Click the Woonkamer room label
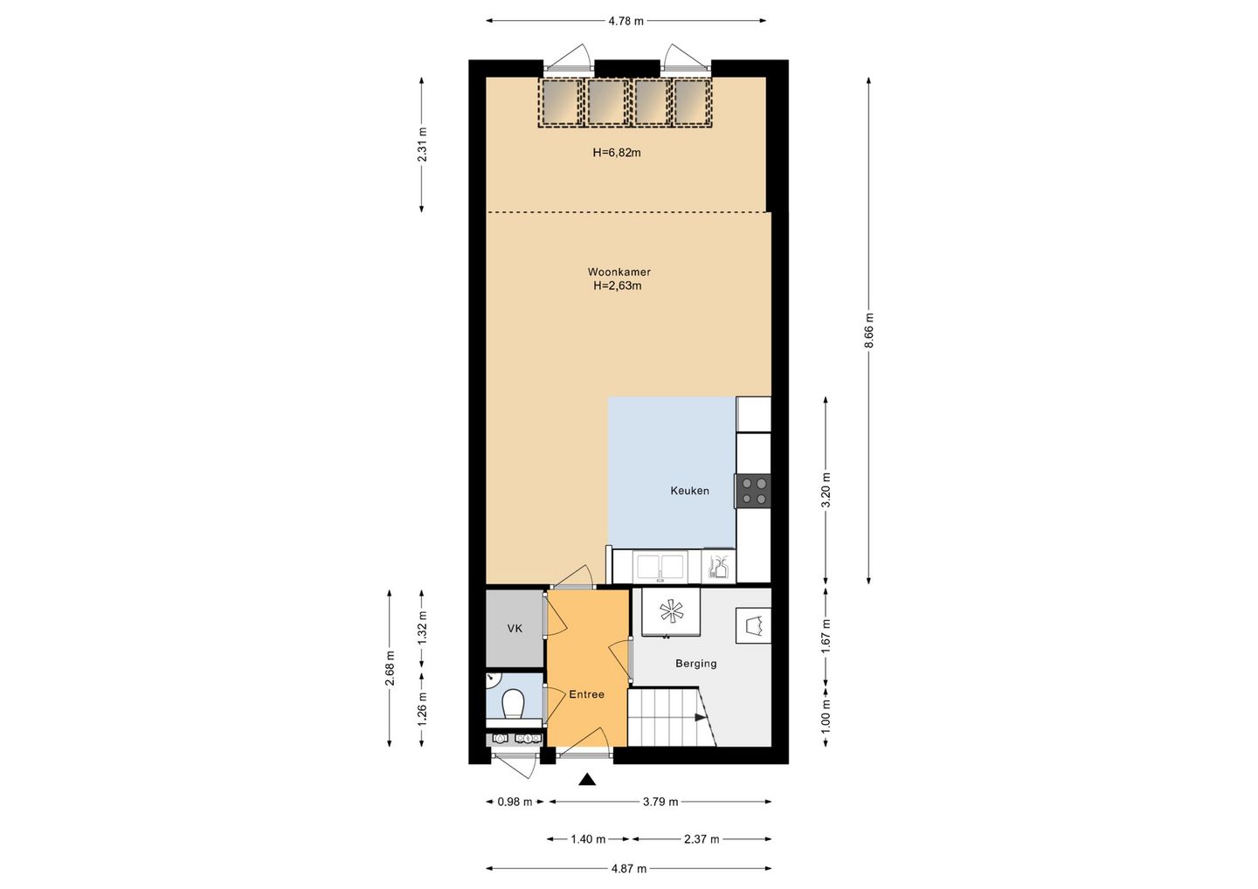click(x=619, y=272)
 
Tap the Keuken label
click(x=689, y=491)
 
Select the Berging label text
click(x=695, y=664)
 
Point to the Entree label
click(x=586, y=694)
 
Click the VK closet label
click(x=515, y=629)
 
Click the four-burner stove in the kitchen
click(x=753, y=491)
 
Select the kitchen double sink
click(x=659, y=567)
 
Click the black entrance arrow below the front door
click(x=587, y=779)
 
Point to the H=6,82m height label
click(x=617, y=152)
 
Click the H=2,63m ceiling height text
click(x=617, y=286)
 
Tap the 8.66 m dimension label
click(x=868, y=330)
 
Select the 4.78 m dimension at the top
click(x=626, y=21)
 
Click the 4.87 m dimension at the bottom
click(x=628, y=869)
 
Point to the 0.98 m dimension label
click(x=515, y=802)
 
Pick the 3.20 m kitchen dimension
click(x=826, y=490)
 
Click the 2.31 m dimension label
click(x=422, y=144)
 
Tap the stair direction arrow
click(x=701, y=717)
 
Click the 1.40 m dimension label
click(x=588, y=839)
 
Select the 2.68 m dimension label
click(x=390, y=668)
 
